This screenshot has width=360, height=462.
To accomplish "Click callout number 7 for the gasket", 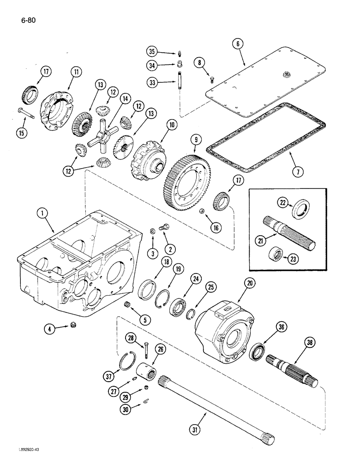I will tap(299, 172).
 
